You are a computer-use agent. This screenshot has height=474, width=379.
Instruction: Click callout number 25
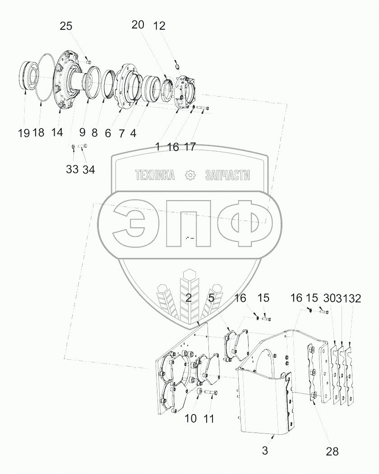[66, 26]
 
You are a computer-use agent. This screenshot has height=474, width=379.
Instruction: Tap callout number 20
[138, 25]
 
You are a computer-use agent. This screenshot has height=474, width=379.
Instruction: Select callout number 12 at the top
[159, 26]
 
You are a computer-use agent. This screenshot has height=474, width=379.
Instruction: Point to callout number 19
[23, 133]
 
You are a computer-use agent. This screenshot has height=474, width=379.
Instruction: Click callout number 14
[57, 132]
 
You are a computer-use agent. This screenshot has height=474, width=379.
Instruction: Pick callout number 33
[72, 170]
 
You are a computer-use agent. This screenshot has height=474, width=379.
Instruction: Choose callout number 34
[88, 170]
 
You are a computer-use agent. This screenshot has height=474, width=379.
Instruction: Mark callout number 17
[189, 147]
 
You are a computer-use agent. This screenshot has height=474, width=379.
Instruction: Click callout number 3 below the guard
[265, 451]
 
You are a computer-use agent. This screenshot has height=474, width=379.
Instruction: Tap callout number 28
[332, 451]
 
